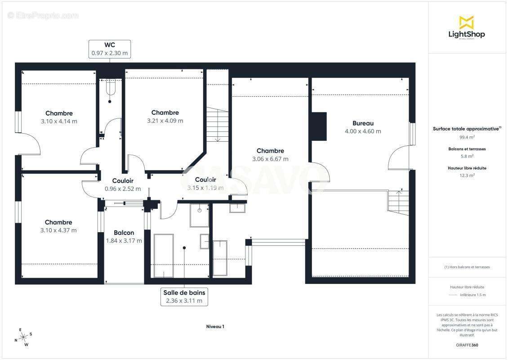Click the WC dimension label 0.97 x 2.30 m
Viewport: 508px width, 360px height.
click(110, 53)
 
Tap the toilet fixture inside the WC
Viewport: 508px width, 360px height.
click(110, 88)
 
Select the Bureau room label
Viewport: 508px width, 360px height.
click(363, 123)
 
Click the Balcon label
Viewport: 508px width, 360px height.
click(124, 233)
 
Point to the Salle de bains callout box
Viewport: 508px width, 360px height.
click(184, 297)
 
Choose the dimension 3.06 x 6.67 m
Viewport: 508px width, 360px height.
click(270, 159)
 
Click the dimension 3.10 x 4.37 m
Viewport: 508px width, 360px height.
click(58, 230)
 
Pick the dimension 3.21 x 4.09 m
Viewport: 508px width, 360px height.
click(165, 121)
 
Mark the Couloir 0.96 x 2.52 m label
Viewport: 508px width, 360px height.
click(123, 189)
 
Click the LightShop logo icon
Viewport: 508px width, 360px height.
click(466, 22)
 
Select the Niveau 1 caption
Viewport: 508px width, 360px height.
click(215, 327)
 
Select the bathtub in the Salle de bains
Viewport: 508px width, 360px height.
click(163, 255)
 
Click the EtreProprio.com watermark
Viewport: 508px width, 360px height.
click(43, 16)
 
